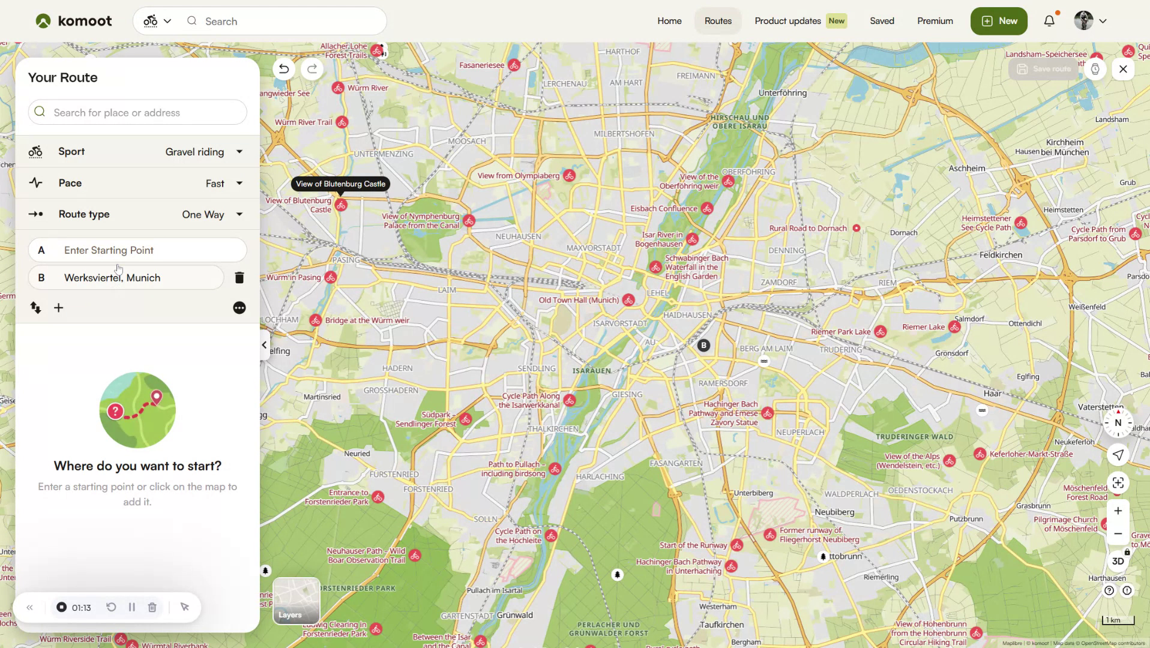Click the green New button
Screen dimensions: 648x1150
coord(999,21)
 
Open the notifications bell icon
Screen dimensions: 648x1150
coord(1049,21)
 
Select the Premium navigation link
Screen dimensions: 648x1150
coord(935,21)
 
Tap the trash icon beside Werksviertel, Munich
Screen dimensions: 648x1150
coord(239,278)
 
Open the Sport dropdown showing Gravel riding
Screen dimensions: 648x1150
coord(204,152)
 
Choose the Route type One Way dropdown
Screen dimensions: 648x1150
coord(212,214)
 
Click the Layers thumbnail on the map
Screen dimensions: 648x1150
coord(297,601)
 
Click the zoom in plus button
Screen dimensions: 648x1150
coord(1118,511)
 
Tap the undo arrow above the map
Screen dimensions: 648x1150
coord(284,69)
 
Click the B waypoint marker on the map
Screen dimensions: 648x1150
coord(703,346)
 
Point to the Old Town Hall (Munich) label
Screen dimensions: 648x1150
coord(579,300)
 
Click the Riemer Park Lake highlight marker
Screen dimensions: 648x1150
coord(880,332)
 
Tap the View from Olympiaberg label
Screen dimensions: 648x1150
coord(519,176)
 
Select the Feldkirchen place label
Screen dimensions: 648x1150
coord(1001,255)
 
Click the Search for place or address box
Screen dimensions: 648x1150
coord(137,113)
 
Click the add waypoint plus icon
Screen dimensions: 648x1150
coord(59,308)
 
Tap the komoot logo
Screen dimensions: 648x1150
coord(73,21)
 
